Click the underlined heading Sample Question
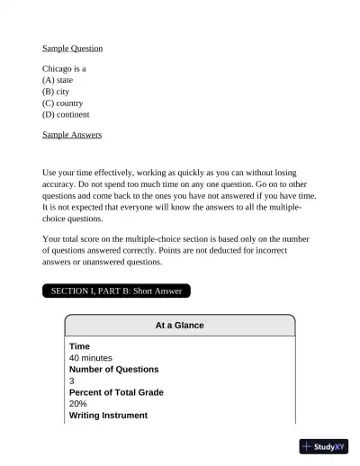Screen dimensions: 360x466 tap(72, 48)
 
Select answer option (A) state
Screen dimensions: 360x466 tap(58, 80)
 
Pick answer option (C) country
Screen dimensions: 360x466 tap(62, 103)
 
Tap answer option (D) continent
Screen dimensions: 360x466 tap(66, 115)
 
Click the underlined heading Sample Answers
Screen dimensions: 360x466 tap(72, 135)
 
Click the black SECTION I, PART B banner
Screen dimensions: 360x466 tap(116, 291)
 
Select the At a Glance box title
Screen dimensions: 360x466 tap(180, 325)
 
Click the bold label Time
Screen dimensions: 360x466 tap(79, 346)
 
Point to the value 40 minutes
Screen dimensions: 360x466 tap(91, 358)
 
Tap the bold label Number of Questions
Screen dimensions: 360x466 tap(113, 370)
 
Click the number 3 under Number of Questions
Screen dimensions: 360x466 tap(72, 381)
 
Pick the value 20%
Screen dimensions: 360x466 tap(78, 405)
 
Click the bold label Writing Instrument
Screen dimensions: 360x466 tap(108, 416)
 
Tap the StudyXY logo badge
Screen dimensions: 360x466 tap(324, 446)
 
